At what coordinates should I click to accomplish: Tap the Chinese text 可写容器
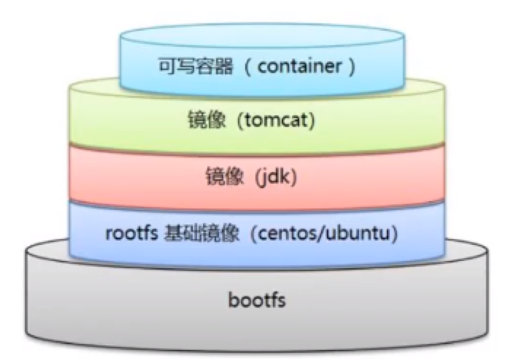[196, 66]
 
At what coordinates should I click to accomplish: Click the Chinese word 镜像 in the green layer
[207, 120]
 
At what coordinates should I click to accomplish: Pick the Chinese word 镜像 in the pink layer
[225, 176]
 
